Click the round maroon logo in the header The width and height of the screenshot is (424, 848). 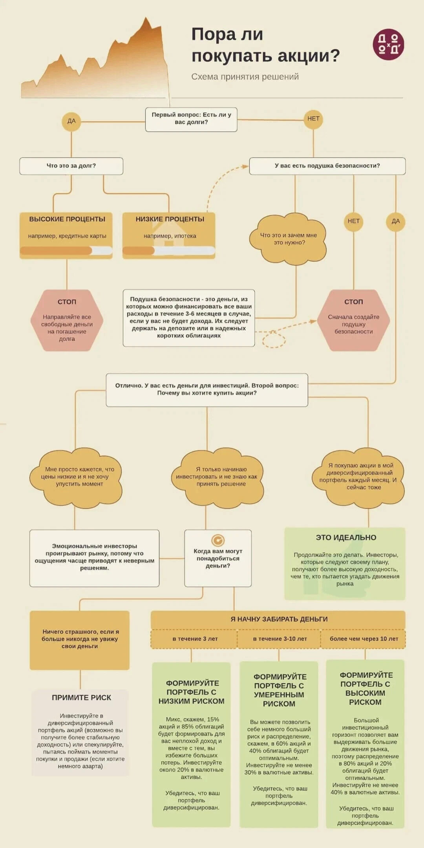point(388,44)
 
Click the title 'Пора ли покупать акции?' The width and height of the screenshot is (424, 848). point(265,45)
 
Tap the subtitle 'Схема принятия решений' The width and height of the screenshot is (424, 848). point(245,77)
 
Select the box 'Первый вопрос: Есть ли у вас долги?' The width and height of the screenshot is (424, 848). point(191,119)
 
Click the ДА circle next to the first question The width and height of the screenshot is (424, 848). point(72,121)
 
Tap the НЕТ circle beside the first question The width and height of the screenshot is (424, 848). point(313,119)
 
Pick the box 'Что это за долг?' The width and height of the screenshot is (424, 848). point(71,166)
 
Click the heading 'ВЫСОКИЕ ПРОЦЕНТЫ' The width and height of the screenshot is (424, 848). point(67,219)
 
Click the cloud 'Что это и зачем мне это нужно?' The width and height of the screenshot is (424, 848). point(288,239)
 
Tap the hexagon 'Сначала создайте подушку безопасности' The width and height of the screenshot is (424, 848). point(353,320)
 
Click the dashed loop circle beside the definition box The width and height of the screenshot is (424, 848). point(274,339)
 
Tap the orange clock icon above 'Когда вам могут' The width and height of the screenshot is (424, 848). point(218,540)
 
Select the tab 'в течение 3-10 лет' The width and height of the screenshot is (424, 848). point(280,639)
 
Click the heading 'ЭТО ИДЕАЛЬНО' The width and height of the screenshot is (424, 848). point(346,538)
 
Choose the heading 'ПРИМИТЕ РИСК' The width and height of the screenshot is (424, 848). point(81,698)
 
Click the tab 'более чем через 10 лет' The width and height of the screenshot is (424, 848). point(364,639)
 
